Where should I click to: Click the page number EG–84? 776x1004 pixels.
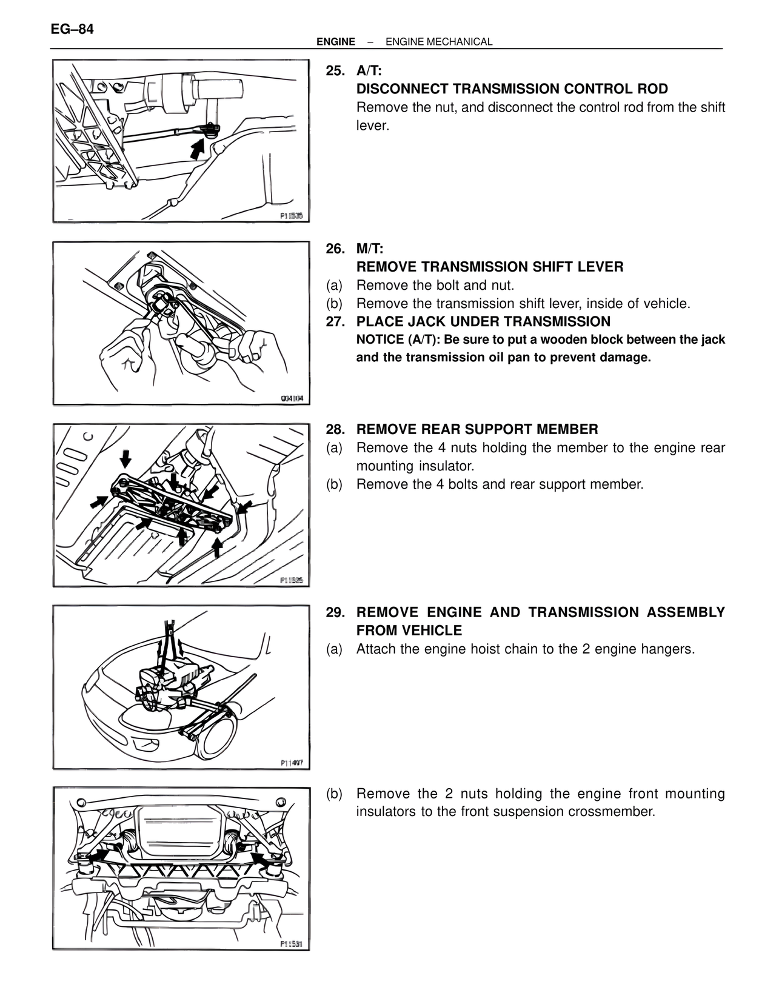point(72,28)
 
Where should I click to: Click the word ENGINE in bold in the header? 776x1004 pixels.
point(336,42)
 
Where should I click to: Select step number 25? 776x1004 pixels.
point(335,71)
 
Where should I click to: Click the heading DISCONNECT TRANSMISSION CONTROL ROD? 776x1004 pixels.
point(512,89)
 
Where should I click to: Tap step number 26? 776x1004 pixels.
point(335,249)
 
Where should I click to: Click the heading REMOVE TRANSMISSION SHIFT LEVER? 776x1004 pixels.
point(489,267)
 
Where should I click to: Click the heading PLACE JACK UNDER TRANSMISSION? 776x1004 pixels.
point(483,322)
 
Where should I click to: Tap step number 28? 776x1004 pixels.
point(335,430)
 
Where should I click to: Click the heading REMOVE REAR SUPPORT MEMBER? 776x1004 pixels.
point(477,430)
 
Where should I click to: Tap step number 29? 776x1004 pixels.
point(335,612)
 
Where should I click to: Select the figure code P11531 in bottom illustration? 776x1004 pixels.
point(291,944)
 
